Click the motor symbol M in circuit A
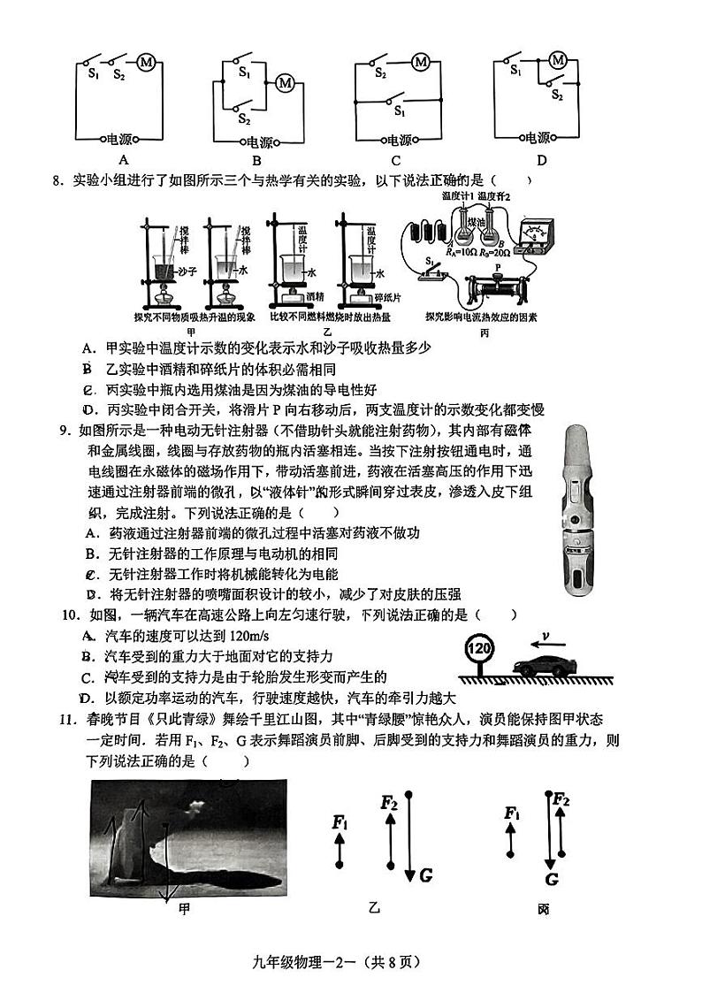pos(147,62)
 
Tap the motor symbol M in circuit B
pos(285,82)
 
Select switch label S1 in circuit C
pos(400,112)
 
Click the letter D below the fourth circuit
pos(541,160)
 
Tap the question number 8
pos(57,181)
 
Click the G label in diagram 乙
pos(425,875)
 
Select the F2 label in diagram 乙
pos(388,803)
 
